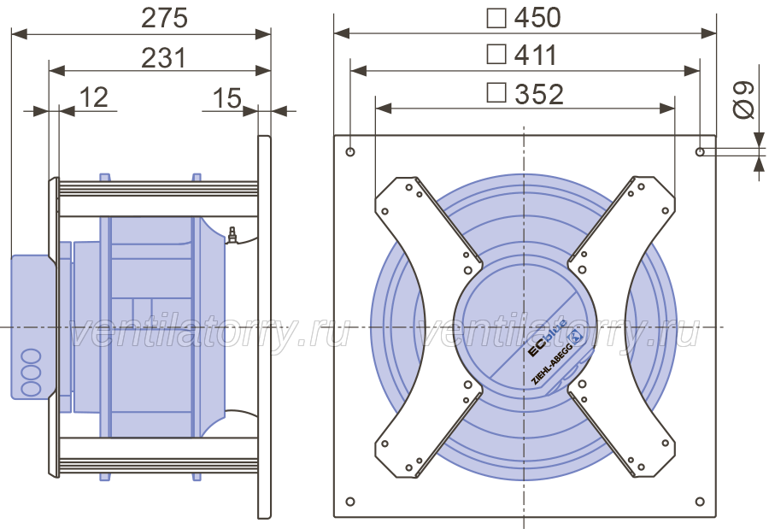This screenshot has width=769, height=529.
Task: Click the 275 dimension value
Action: (164, 18)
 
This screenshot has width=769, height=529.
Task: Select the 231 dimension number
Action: (164, 58)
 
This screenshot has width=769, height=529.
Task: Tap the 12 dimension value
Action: (93, 97)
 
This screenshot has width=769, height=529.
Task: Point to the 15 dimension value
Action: (227, 98)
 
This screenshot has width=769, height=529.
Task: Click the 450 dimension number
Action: (537, 18)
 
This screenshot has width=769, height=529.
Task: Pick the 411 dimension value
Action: (536, 55)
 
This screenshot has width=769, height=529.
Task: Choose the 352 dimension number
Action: (539, 94)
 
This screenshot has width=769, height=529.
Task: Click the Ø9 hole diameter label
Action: (743, 100)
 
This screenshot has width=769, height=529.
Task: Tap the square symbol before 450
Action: (496, 19)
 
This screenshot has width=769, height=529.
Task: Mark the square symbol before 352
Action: (496, 93)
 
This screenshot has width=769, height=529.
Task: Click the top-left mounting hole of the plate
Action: (350, 151)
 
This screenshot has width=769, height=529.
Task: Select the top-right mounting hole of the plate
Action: (701, 151)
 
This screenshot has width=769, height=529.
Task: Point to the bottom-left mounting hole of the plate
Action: (350, 502)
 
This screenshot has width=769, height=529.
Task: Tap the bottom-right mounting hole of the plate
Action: (701, 502)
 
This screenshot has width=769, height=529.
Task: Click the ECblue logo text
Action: (547, 338)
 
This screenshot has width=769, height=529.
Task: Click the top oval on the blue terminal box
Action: (31, 356)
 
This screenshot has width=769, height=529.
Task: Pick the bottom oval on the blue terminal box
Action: (31, 389)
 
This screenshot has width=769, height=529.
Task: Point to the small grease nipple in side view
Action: (232, 234)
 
